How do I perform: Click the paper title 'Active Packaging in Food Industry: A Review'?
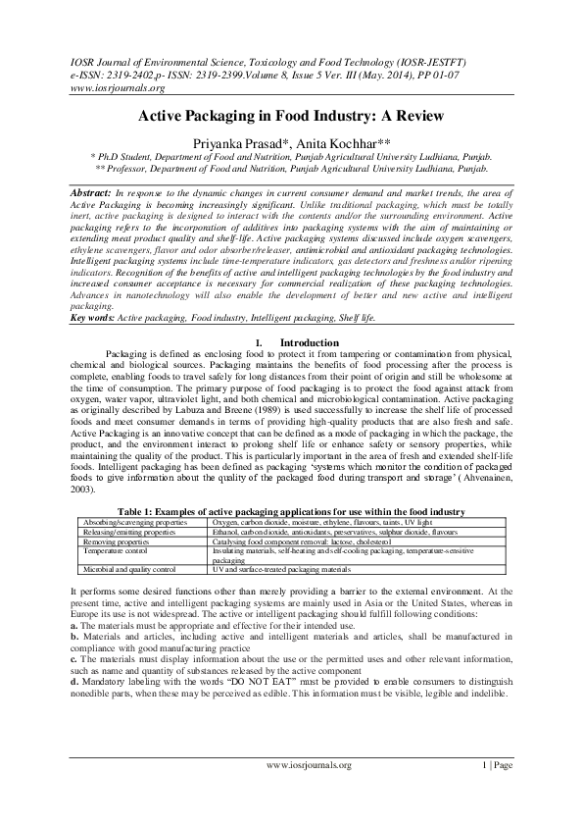pos(291,116)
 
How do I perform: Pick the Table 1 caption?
pos(291,511)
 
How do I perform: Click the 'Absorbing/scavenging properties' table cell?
pos(123,523)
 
